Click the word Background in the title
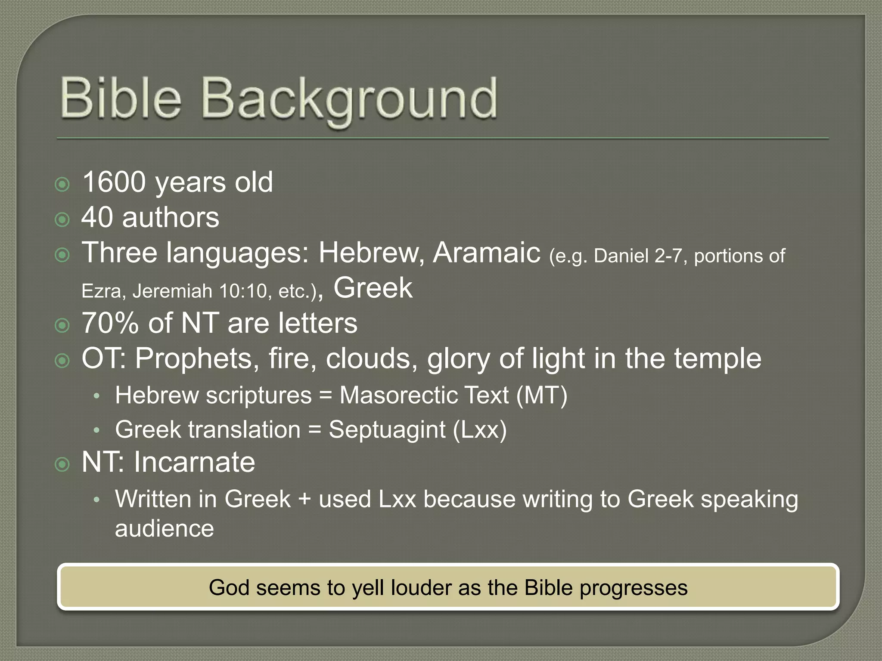tap(349, 99)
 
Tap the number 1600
tap(114, 182)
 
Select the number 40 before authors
tap(97, 217)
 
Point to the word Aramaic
tap(487, 253)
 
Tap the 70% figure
tap(110, 323)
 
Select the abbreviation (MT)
tap(542, 395)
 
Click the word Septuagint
tap(387, 429)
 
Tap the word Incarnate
tap(194, 462)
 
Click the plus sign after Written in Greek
tap(304, 499)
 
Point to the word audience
tap(164, 528)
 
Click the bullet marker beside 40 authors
tap(62, 220)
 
